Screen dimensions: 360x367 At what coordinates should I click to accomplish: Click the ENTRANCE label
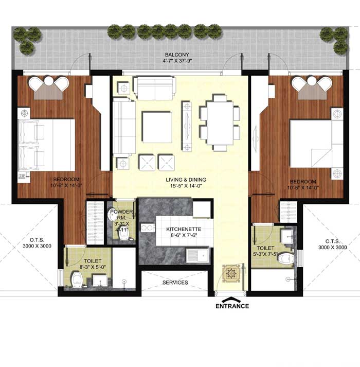[x=232, y=306]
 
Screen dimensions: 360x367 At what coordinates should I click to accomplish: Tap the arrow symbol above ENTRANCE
[x=231, y=300]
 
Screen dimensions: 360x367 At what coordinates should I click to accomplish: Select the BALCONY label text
[x=177, y=55]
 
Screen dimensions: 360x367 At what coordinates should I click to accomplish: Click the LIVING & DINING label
[x=186, y=180]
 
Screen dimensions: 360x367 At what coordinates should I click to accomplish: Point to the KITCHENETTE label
[x=184, y=229]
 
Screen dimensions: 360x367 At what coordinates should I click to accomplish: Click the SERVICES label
[x=175, y=283]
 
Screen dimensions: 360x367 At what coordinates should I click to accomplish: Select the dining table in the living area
[x=220, y=123]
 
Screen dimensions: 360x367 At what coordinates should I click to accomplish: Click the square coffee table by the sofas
[x=157, y=127]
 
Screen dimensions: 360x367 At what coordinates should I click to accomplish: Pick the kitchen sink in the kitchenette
[x=197, y=256]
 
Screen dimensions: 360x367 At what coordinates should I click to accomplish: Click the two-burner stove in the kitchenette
[x=148, y=228]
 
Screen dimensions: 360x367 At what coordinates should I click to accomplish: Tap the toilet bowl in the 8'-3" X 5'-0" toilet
[x=77, y=279]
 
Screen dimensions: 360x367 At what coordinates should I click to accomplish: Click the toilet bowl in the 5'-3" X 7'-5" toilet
[x=285, y=258]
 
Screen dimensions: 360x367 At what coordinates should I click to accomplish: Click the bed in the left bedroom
[x=47, y=145]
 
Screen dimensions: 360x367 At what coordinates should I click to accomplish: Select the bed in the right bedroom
[x=316, y=144]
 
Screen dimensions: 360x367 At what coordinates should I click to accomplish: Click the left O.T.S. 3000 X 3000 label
[x=37, y=243]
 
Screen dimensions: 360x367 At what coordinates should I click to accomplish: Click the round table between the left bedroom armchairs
[x=49, y=81]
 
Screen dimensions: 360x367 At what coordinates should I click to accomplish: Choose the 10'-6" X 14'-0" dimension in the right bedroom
[x=303, y=188]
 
